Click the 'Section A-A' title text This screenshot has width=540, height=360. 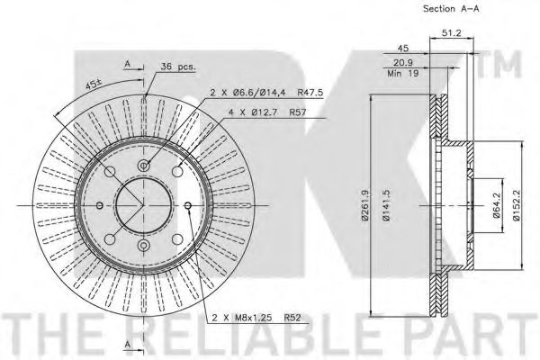click(451, 9)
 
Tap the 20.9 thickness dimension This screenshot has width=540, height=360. click(403, 63)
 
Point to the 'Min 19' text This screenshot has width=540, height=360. click(403, 74)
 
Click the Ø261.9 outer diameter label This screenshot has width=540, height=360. click(365, 205)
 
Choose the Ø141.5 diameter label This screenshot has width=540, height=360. click(386, 205)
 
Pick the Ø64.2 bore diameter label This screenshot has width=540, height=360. click(496, 205)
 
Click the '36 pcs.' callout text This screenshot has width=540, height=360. click(178, 67)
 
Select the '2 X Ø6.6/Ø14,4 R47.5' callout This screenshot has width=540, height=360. click(266, 93)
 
